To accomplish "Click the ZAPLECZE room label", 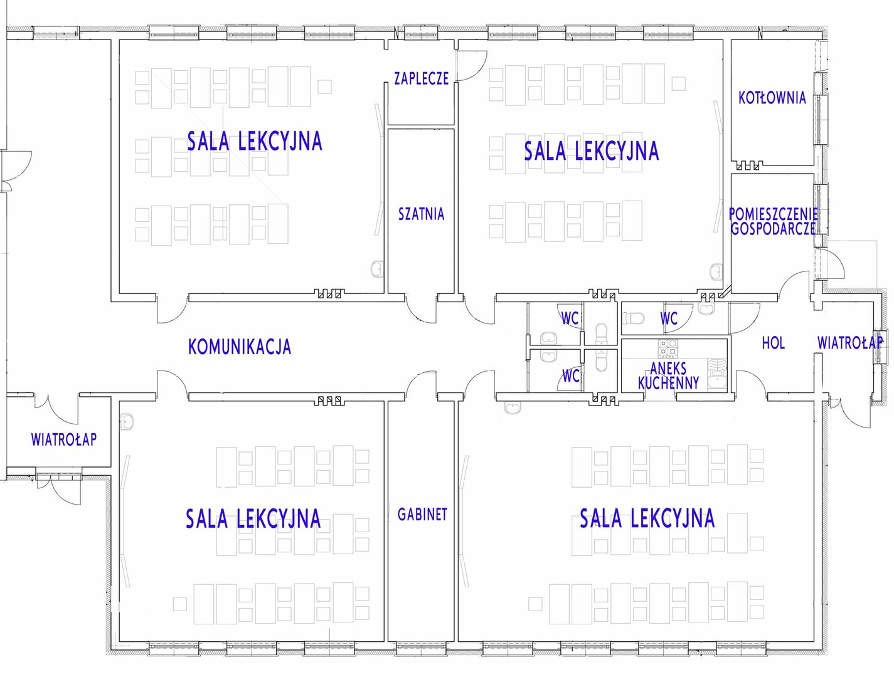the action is click(421, 78).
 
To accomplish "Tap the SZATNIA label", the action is click(421, 214).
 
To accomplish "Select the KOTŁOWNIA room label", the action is click(772, 98).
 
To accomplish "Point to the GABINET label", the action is click(422, 515).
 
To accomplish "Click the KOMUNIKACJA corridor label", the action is click(240, 347).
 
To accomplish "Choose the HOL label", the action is click(774, 343).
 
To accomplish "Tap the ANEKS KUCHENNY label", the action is click(668, 375).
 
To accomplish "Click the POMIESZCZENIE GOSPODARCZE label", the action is click(774, 221).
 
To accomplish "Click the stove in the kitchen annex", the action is click(668, 349).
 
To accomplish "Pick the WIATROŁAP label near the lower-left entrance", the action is click(64, 439).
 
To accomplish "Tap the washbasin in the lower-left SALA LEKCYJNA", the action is click(127, 421).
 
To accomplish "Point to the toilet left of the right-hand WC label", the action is click(632, 318).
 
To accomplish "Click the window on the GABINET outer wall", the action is click(421, 647).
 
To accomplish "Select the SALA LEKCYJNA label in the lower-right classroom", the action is click(647, 518).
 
